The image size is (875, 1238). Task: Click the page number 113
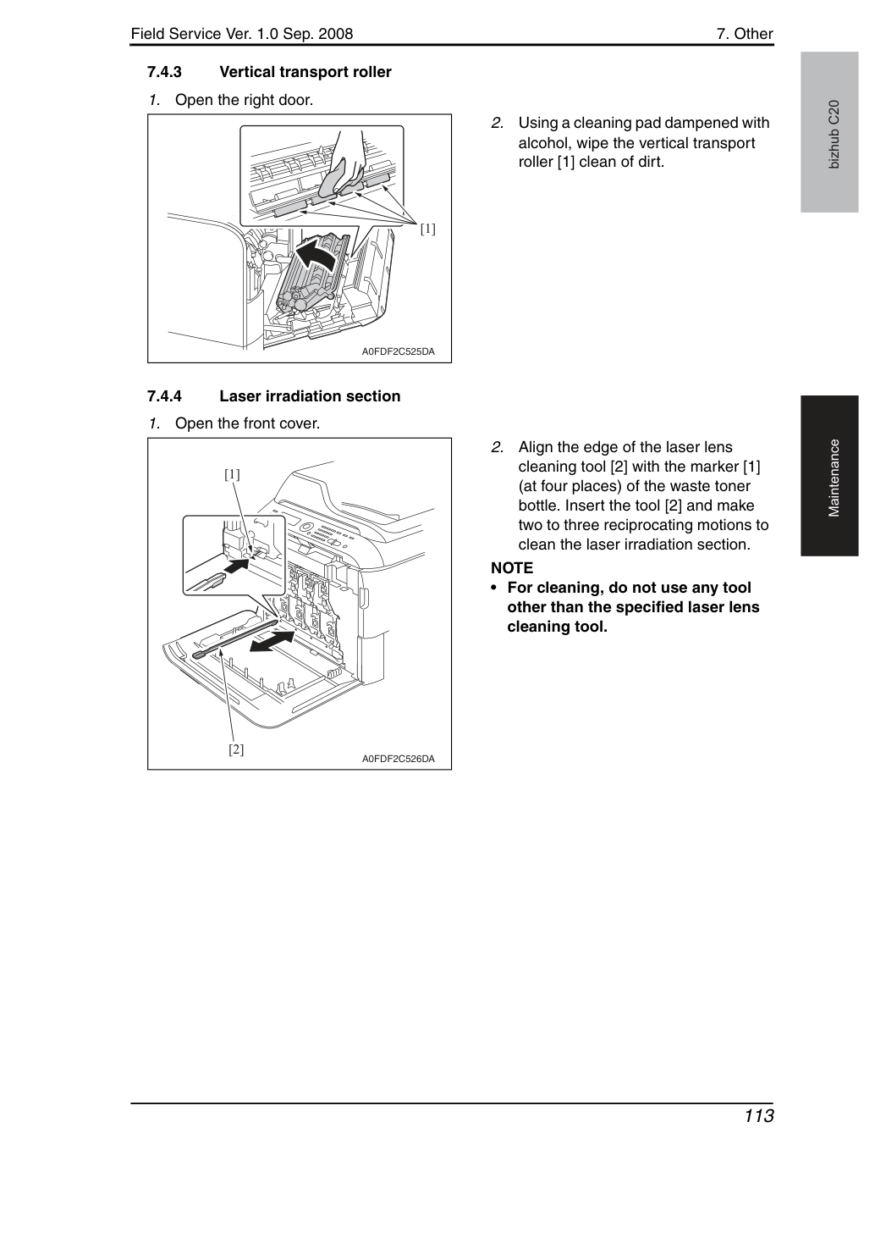[x=759, y=1116]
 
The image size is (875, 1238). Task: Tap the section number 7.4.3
[x=164, y=72]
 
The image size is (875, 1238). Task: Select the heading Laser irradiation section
[x=310, y=396]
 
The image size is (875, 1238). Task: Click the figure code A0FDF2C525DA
[x=399, y=351]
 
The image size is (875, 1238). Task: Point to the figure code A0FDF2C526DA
[x=399, y=759]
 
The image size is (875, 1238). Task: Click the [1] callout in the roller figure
[x=427, y=229]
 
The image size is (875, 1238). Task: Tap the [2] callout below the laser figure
[x=236, y=749]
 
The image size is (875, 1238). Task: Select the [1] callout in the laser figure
[x=232, y=474]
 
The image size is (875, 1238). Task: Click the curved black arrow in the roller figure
[x=316, y=255]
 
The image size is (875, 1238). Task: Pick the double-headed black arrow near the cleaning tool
[x=272, y=642]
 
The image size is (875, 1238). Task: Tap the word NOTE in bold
[x=512, y=568]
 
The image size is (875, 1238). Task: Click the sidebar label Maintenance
[x=834, y=478]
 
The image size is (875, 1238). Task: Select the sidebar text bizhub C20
[x=834, y=135]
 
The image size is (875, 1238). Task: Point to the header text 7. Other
[x=745, y=34]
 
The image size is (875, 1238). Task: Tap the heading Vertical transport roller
[x=305, y=72]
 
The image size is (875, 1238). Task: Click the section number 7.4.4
[x=164, y=396]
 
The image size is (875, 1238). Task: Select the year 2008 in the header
[x=335, y=34]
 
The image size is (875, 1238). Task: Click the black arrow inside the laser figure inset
[x=237, y=566]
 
